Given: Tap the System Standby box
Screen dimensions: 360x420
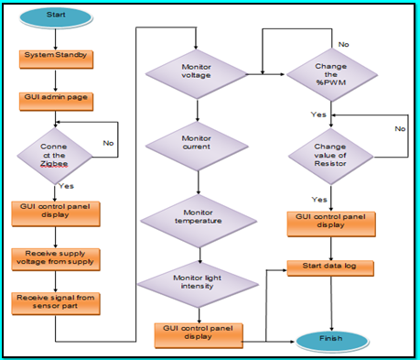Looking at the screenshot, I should tap(56, 57).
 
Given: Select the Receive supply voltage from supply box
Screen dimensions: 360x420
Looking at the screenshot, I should tap(56, 258).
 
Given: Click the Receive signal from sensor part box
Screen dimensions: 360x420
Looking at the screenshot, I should tap(56, 301).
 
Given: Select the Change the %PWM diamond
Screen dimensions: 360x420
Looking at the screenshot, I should tap(331, 73).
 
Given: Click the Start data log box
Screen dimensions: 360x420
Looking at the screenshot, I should tap(330, 266).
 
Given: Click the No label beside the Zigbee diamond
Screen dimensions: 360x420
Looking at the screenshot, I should tap(108, 144).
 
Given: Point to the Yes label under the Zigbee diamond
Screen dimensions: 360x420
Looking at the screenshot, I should tap(67, 185).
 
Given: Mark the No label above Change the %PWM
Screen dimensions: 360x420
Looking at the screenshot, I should tap(344, 44).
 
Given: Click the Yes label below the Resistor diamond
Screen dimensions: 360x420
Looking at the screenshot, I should tap(320, 199).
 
